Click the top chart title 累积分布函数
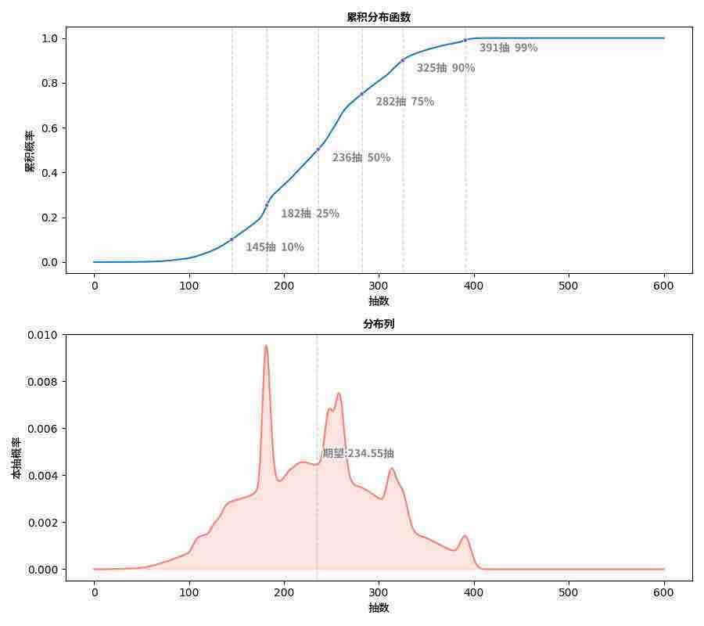click(379, 17)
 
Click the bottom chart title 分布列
click(379, 324)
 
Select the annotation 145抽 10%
click(275, 247)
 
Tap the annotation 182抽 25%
click(310, 214)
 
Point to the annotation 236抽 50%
click(361, 157)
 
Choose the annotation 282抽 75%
click(404, 102)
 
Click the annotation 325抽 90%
click(445, 68)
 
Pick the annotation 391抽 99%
click(508, 48)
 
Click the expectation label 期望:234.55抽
click(358, 453)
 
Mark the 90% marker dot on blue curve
click(403, 60)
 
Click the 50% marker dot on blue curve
click(318, 149)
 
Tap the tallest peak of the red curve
click(266, 346)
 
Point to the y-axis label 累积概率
click(30, 151)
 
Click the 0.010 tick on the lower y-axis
click(42, 335)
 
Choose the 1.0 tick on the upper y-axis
click(48, 38)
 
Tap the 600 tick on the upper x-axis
click(664, 286)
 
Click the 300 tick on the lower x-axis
click(379, 592)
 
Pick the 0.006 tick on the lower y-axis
click(42, 429)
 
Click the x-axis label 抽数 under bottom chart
click(379, 607)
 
